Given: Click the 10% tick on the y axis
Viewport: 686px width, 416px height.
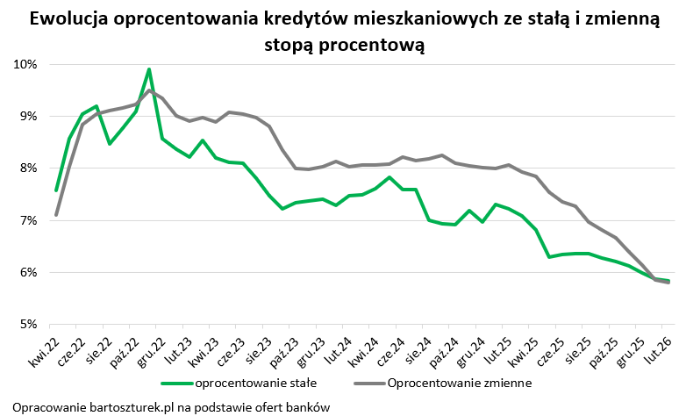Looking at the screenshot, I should tap(25, 64).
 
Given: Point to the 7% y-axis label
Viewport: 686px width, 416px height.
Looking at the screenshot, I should tap(26, 220).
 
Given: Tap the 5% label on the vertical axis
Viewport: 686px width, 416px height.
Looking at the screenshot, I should tap(26, 325).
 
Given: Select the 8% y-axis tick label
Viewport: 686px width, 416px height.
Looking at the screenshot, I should tap(26, 169).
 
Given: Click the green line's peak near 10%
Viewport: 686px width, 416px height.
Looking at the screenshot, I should tap(149, 69).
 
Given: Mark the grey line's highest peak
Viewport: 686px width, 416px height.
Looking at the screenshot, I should tap(149, 90).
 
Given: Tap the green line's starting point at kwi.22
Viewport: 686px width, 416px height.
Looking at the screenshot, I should tap(56, 190).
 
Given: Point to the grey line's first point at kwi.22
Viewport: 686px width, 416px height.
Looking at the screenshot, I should tap(56, 214).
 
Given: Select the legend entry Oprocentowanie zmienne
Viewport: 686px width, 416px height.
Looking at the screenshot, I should tap(447, 384).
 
